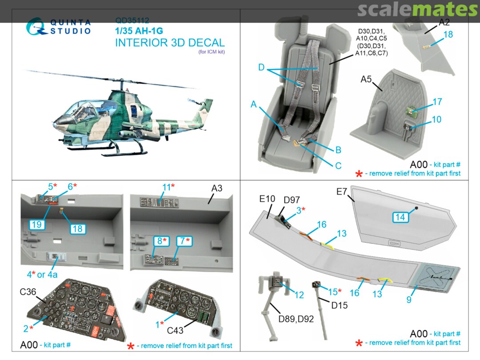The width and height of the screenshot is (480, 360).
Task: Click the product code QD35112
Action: click(x=132, y=20)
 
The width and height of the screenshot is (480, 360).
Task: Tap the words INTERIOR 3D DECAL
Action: click(x=170, y=43)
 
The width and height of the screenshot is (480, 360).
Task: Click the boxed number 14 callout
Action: click(x=400, y=217)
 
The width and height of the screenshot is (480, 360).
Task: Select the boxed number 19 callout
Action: click(x=37, y=224)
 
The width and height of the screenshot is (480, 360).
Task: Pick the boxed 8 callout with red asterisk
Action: click(x=161, y=241)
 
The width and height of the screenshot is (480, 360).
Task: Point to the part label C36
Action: click(x=28, y=292)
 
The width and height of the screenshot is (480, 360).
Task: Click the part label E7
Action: click(x=342, y=192)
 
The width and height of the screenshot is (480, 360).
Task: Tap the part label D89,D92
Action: click(x=296, y=319)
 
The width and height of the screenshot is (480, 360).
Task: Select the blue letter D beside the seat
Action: click(x=261, y=68)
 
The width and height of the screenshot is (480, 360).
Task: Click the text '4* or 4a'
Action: click(x=42, y=274)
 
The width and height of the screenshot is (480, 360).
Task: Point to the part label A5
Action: click(x=366, y=79)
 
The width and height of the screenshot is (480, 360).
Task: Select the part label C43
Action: click(x=175, y=330)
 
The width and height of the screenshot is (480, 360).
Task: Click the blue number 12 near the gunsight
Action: click(x=299, y=295)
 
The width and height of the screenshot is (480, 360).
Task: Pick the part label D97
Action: click(x=292, y=200)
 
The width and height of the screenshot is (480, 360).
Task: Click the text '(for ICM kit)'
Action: click(x=212, y=52)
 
